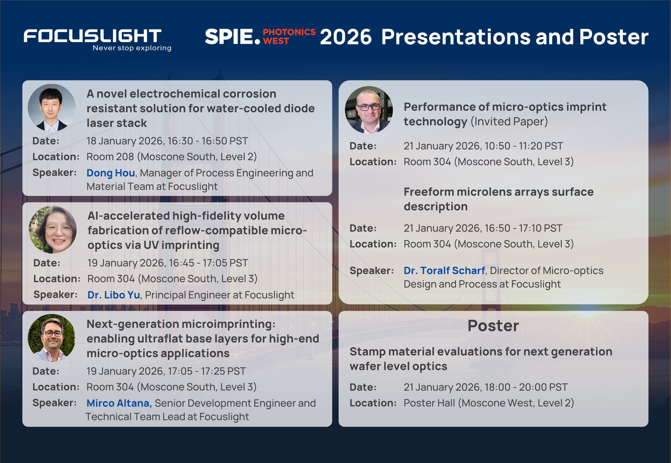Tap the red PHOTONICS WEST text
(289, 36)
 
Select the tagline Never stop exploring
(132, 48)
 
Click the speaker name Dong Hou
(111, 173)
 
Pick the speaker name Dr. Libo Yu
(114, 295)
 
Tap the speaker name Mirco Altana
(119, 403)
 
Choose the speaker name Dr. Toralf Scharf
(444, 270)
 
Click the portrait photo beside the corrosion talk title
(52, 108)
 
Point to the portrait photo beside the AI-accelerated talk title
(52, 229)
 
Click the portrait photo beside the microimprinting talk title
(52, 338)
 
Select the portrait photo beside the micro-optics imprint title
(369, 110)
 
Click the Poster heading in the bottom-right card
(493, 325)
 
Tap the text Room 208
(110, 157)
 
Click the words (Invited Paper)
(509, 121)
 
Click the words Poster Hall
(429, 403)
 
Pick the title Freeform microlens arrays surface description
(499, 199)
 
